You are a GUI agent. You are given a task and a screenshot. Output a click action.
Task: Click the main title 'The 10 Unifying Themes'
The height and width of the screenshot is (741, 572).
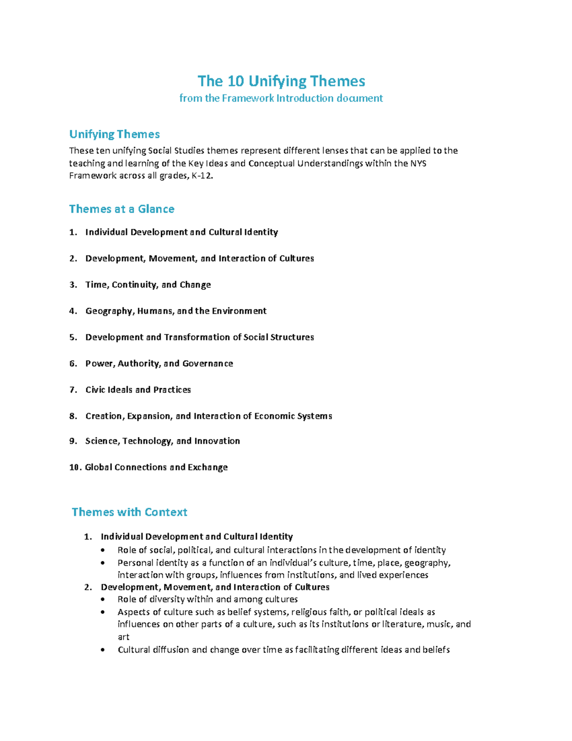(x=281, y=81)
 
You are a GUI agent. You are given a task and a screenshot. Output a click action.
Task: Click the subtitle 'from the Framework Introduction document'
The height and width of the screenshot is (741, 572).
(x=281, y=98)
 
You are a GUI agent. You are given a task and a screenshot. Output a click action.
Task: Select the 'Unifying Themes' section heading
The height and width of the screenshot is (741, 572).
(x=114, y=134)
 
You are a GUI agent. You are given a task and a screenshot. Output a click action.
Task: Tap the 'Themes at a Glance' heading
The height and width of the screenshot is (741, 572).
(x=122, y=209)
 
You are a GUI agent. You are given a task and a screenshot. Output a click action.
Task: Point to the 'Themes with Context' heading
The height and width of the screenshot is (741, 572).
(x=129, y=512)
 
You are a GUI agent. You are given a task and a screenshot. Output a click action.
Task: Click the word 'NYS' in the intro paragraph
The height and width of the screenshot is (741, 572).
(x=418, y=163)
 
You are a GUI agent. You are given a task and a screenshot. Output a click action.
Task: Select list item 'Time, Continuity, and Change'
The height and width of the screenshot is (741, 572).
(x=148, y=285)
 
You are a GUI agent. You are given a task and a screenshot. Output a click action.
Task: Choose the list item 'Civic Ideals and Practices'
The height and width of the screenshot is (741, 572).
(x=138, y=390)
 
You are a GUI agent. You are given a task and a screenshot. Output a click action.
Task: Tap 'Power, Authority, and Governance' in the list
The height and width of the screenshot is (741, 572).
(x=159, y=364)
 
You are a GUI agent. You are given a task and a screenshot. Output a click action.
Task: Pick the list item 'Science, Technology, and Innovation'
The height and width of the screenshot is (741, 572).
(x=163, y=441)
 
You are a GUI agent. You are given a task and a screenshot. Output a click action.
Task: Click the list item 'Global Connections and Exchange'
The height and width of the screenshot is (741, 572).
(x=156, y=467)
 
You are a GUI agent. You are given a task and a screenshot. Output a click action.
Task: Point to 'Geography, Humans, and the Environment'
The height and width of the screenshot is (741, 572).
(x=176, y=311)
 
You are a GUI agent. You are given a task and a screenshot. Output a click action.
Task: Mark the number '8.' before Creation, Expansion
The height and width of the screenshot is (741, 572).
(x=73, y=416)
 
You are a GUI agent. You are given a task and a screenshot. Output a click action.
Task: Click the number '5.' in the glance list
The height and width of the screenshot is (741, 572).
(x=73, y=337)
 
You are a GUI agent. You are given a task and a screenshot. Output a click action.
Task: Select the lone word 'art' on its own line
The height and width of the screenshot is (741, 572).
(x=123, y=637)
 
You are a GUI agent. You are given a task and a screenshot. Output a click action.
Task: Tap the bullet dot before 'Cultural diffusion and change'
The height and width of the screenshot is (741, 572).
(x=103, y=650)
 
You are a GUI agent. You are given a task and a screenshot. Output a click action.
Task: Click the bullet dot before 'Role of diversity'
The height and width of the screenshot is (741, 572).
(x=103, y=599)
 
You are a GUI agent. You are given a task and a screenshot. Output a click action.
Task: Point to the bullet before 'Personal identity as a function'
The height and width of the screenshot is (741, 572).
(x=103, y=563)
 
